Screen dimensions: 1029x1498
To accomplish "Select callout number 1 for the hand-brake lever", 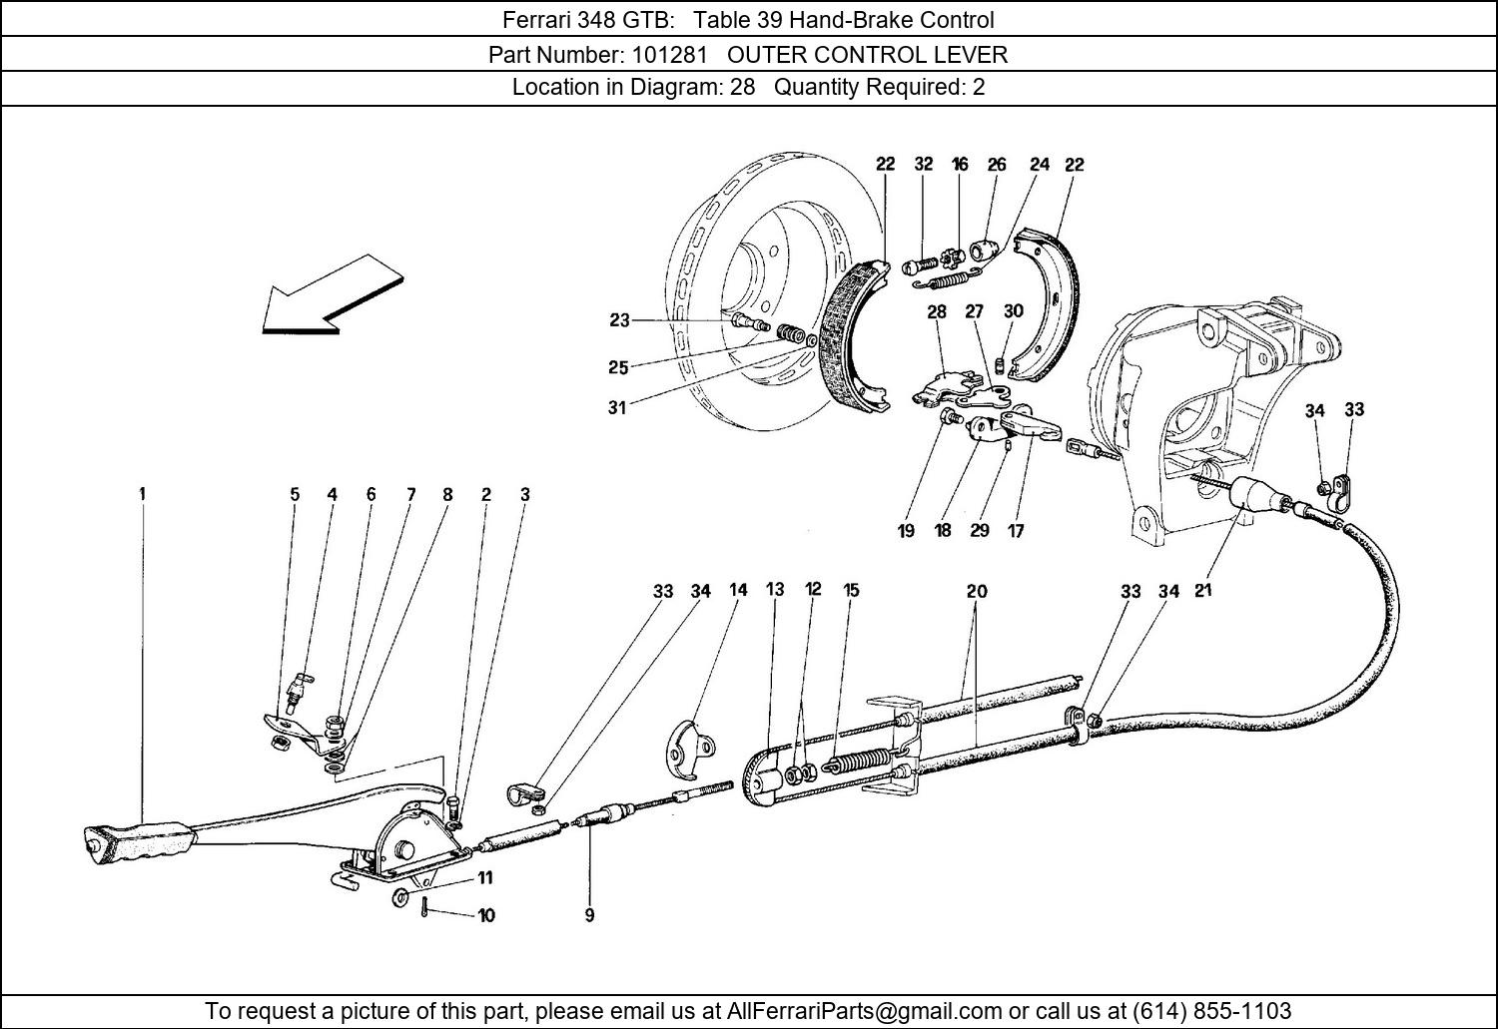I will pyautogui.click(x=142, y=493).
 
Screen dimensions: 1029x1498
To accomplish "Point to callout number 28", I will pyautogui.click(x=936, y=311).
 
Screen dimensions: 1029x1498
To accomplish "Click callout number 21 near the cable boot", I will pyautogui.click(x=1202, y=590).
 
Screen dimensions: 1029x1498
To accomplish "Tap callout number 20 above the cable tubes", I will pyautogui.click(x=976, y=591).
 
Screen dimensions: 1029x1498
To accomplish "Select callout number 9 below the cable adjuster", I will pyautogui.click(x=589, y=914).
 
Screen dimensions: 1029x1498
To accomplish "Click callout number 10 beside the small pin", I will pyautogui.click(x=485, y=914).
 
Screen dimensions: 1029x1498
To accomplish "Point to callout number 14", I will pyautogui.click(x=738, y=590).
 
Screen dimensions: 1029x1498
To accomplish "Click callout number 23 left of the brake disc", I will pyautogui.click(x=619, y=320).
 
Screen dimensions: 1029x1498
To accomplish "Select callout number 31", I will pyautogui.click(x=617, y=407).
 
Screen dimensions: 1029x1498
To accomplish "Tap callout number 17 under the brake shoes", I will pyautogui.click(x=1015, y=531).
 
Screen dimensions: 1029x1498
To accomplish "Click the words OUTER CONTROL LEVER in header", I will pyautogui.click(x=867, y=54).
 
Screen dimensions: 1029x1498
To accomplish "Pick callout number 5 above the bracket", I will pyautogui.click(x=295, y=494).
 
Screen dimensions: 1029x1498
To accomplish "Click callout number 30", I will pyautogui.click(x=1013, y=311).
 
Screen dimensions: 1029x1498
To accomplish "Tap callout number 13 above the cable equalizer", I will pyautogui.click(x=775, y=590).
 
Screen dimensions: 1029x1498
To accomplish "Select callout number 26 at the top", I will pyautogui.click(x=997, y=165).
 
